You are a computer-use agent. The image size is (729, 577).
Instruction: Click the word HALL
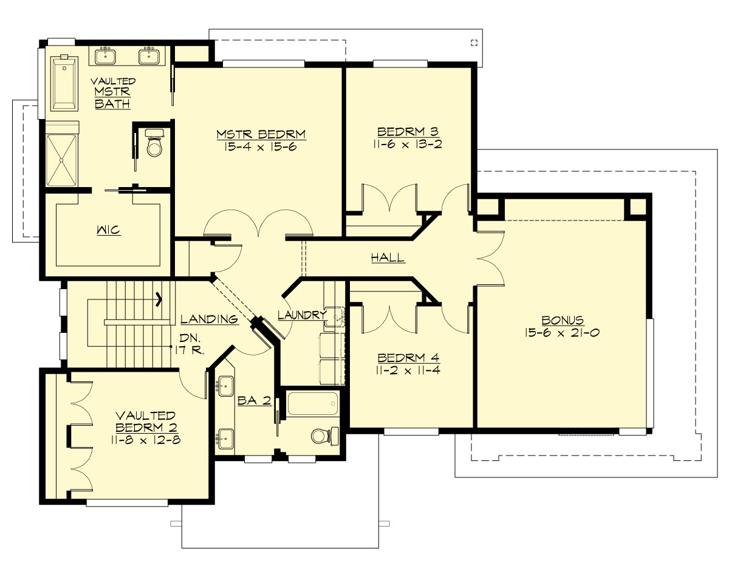pyautogui.click(x=388, y=258)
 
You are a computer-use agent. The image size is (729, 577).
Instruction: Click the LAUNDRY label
pyautogui.click(x=299, y=315)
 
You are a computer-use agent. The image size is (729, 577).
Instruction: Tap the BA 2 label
pyautogui.click(x=253, y=401)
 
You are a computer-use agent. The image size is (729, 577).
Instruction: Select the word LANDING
pyautogui.click(x=208, y=319)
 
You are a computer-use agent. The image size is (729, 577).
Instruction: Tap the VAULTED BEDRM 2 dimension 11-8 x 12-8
pyautogui.click(x=146, y=438)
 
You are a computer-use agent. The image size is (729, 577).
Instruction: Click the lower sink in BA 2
pyautogui.click(x=226, y=437)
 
